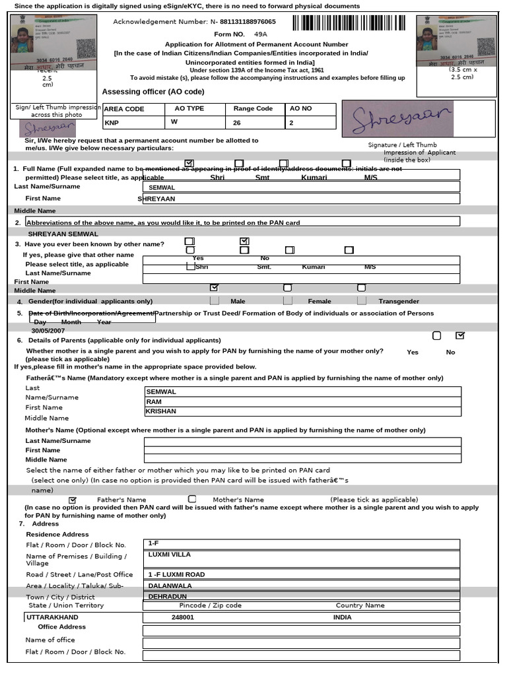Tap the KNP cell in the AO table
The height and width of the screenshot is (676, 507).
(x=112, y=123)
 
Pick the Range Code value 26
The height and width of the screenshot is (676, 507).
(x=236, y=123)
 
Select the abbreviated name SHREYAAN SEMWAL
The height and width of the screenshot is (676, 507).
(x=63, y=234)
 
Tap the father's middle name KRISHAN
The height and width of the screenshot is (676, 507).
(x=161, y=411)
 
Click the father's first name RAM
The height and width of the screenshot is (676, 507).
(x=154, y=401)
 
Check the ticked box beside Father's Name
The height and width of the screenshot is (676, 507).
(x=73, y=500)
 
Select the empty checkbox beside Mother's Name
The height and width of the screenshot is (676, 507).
(x=192, y=500)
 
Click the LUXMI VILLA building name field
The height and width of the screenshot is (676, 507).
(x=170, y=555)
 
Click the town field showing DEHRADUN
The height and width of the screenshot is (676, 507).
(x=168, y=596)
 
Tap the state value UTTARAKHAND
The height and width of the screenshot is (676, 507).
(x=52, y=617)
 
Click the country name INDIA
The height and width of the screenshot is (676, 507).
(x=343, y=617)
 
